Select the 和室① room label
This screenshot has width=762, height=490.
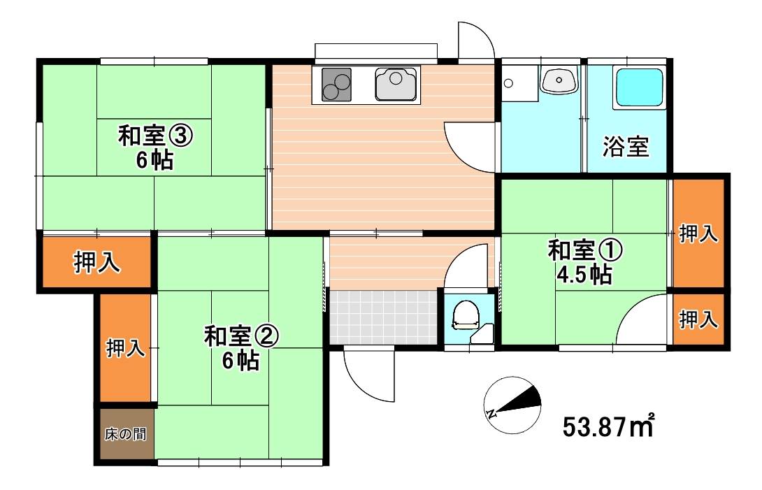pos(584,250)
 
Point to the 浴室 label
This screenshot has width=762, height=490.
pos(626,147)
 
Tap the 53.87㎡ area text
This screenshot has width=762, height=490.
pos(608,425)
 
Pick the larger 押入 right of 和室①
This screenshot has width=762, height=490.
pos(698,233)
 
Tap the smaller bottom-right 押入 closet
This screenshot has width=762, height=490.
pos(698,319)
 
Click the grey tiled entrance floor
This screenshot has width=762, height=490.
pos(382,316)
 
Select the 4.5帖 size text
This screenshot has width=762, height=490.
pos(584,275)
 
